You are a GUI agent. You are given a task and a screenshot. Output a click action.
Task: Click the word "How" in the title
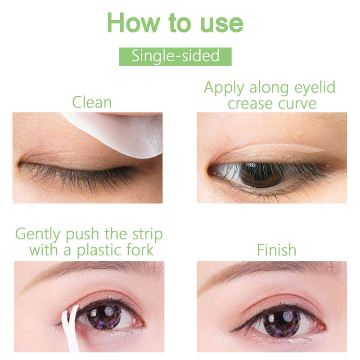pos(133,22)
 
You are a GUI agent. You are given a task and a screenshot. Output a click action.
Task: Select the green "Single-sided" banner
pos(175,57)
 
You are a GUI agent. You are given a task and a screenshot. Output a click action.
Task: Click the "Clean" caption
pos(92,103)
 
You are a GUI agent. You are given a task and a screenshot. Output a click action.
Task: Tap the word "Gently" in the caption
pos(38,234)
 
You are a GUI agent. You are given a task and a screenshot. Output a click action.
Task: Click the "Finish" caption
pos(276,250)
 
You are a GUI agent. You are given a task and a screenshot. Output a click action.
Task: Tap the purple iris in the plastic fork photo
pos(104,318)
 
